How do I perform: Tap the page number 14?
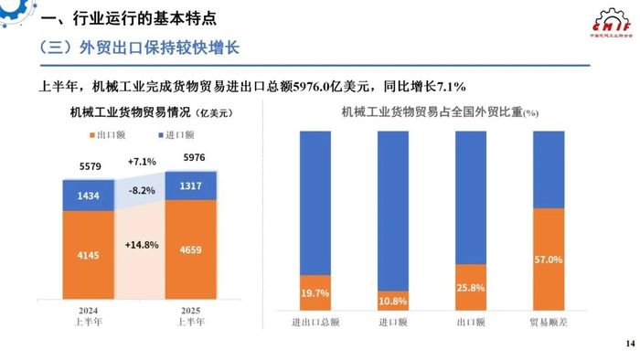pos(627,343)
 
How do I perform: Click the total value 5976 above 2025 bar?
pos(190,157)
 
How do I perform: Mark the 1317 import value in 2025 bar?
pos(190,186)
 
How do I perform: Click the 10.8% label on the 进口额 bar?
pos(393,299)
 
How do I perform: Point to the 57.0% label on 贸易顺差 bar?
pos(548,259)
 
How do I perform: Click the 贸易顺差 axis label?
pos(548,321)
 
